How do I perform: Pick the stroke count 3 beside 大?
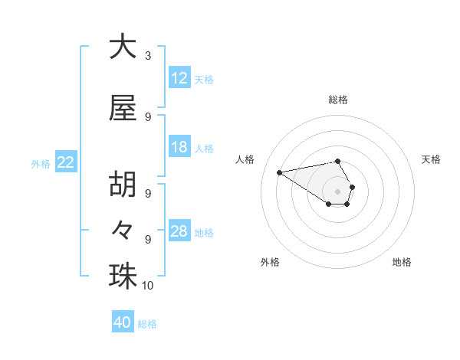[148, 56]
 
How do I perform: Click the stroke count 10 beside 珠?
[148, 286]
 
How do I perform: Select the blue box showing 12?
[179, 78]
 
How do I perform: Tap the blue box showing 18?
[179, 147]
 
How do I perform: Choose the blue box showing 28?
[179, 231]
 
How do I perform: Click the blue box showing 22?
[66, 162]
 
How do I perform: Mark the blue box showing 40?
[123, 322]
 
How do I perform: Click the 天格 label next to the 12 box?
[204, 79]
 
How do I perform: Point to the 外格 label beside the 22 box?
[41, 163]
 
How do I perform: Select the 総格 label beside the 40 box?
[147, 324]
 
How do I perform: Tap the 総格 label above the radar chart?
[338, 100]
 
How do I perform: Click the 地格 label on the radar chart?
[402, 262]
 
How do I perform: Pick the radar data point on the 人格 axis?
[279, 172]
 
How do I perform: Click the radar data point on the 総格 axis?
[338, 161]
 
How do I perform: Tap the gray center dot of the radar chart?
[338, 191]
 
